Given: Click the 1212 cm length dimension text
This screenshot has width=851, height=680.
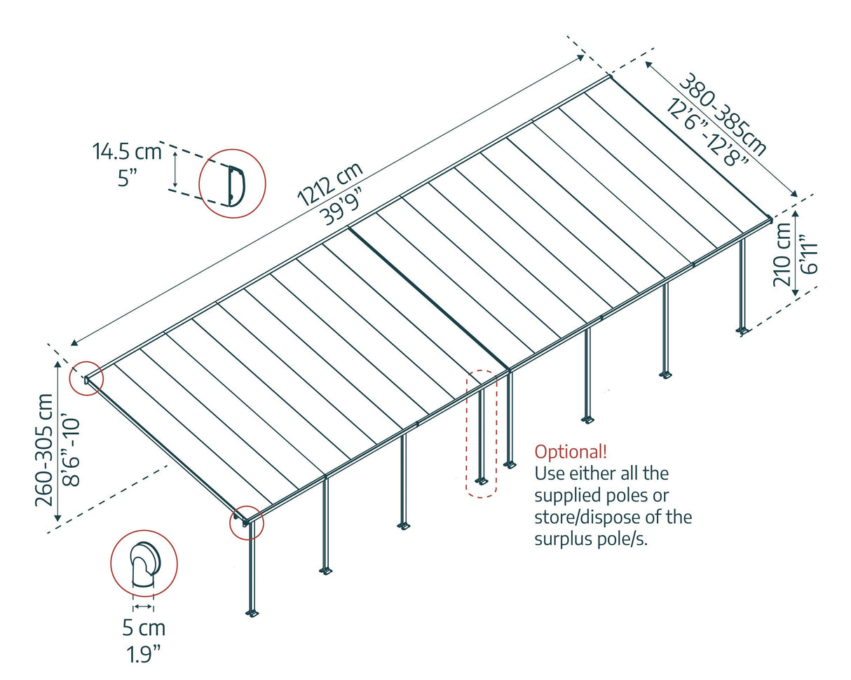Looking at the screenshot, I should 329,184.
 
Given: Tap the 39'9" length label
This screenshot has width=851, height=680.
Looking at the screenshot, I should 346,204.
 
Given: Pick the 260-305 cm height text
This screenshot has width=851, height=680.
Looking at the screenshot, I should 46,449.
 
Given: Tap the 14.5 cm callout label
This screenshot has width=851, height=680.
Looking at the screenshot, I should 126,151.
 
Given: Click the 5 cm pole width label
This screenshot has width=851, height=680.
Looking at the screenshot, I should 143,628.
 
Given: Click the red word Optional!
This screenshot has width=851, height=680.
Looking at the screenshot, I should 571,451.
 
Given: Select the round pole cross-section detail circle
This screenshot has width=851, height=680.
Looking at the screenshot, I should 144,564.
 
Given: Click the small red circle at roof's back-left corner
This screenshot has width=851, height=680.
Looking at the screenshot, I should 86,380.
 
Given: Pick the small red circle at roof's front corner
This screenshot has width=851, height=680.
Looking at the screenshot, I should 247,522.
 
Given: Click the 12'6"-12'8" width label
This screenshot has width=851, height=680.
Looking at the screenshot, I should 708,135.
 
